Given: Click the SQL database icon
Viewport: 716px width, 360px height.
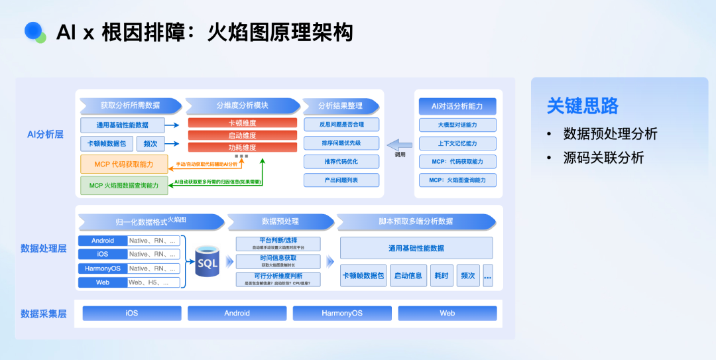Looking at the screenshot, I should pyautogui.click(x=208, y=261).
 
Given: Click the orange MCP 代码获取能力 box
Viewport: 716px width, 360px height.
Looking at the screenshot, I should pyautogui.click(x=124, y=164).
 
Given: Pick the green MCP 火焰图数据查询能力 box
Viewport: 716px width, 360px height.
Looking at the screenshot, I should pyautogui.click(x=124, y=186).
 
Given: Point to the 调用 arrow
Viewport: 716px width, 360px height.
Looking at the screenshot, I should pyautogui.click(x=399, y=145).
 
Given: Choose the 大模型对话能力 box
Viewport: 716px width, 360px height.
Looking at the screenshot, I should pyautogui.click(x=457, y=125).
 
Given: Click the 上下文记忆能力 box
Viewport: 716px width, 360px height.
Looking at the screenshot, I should pyautogui.click(x=457, y=143).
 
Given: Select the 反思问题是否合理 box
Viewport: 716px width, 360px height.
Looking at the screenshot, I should pyautogui.click(x=341, y=125).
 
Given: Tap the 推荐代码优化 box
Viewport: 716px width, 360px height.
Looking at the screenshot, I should pyautogui.click(x=341, y=162).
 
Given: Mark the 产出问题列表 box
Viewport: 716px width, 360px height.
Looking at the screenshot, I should pyautogui.click(x=341, y=180).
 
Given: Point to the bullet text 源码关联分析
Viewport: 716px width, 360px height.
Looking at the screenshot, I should pyautogui.click(x=603, y=158).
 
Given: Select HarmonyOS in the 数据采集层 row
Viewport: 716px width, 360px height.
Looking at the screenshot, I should pyautogui.click(x=342, y=313).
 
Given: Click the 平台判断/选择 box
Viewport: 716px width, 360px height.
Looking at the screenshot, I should pyautogui.click(x=278, y=243).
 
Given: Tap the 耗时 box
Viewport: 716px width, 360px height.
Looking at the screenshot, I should pyautogui.click(x=441, y=275).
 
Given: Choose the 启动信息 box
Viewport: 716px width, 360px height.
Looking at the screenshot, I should pyautogui.click(x=408, y=275).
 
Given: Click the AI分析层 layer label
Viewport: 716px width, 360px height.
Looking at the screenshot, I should pyautogui.click(x=45, y=134).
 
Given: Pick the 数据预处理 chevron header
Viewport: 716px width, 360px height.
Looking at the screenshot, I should pyautogui.click(x=280, y=221).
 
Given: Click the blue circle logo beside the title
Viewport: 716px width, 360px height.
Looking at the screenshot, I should pyautogui.click(x=34, y=31).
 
